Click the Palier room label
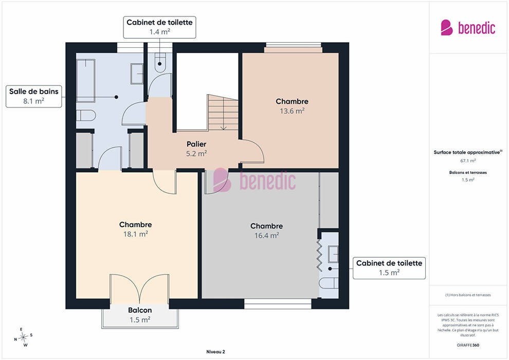point(196,144)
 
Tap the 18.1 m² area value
point(135,234)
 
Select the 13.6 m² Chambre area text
point(292,111)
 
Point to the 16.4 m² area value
point(266,236)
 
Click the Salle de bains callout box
point(34,96)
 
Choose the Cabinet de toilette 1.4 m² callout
point(159,27)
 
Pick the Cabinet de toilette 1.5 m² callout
point(389,268)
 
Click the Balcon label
point(140,310)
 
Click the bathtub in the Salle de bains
point(86,81)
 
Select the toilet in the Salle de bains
point(86,115)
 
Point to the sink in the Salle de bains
point(137,74)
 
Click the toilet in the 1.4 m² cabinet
point(160,62)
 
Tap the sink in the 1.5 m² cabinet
point(333,254)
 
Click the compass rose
point(23,337)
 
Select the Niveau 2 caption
point(215,352)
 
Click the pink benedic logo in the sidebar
point(468,27)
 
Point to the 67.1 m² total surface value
point(468,160)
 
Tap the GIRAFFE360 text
point(468,345)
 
